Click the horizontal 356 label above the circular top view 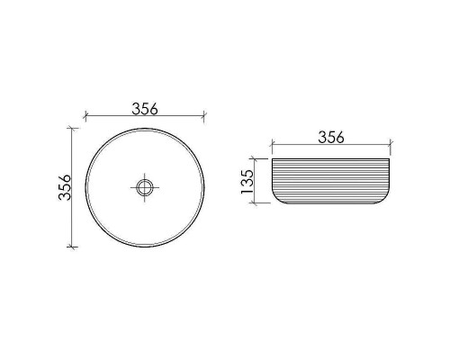point(145,108)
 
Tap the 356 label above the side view point(331,137)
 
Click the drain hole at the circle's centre point(145,188)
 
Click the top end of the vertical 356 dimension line point(73,129)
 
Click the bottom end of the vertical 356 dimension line point(73,247)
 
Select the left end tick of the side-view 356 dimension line point(272,145)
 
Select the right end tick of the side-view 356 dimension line point(391,145)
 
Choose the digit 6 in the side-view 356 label point(341,137)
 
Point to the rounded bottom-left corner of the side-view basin point(276,197)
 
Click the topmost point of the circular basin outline point(145,129)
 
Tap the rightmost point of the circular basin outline point(204,188)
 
